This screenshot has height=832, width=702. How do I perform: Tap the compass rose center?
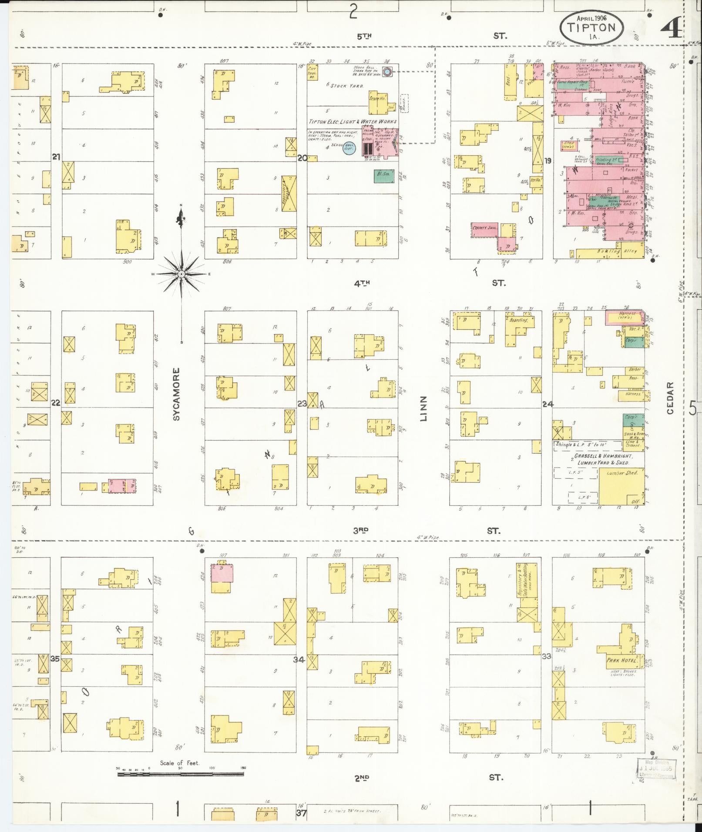181,274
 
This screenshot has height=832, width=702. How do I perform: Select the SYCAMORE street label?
176,394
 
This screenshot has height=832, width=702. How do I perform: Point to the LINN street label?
423,409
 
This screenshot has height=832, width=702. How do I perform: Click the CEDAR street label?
670,398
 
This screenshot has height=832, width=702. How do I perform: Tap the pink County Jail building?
484,229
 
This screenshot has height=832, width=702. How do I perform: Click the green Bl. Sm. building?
381,175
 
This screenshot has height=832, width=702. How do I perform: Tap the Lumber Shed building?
621,485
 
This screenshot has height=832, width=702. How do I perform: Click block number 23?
302,403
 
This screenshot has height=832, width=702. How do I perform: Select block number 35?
54,658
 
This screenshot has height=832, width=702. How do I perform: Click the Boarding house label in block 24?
518,320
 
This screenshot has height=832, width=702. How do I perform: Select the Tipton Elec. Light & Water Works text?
353,121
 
